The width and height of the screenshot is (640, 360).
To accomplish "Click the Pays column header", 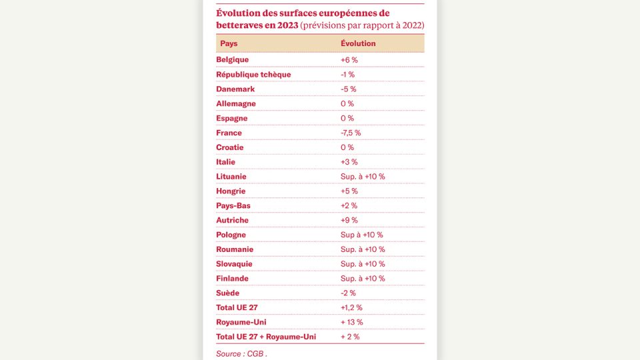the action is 229,43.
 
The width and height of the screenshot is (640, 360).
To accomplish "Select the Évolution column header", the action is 358,43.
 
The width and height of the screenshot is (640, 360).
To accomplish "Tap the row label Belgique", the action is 232,59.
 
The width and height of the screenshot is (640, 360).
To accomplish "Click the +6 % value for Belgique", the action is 349,60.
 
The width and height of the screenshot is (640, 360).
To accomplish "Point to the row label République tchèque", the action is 253,74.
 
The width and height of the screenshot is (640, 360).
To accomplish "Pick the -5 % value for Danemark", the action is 348,89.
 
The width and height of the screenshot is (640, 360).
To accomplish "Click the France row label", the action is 229,133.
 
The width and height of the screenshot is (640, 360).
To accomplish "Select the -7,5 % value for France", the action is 351,133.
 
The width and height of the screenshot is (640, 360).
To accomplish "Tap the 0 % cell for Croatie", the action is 347,147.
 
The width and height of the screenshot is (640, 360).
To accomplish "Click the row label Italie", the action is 225,162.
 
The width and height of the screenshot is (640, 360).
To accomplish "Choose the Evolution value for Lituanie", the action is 363,177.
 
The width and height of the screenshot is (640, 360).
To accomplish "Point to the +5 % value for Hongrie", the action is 349,191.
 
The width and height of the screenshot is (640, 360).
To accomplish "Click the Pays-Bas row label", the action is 233,206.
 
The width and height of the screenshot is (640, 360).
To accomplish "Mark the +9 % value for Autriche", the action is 349,221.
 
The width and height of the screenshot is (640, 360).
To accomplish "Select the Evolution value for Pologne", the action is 361,235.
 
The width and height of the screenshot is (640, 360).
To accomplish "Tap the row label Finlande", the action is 232,279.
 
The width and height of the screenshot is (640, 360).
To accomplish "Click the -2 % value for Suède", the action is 348,293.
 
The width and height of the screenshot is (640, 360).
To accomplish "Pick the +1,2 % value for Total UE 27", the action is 351,308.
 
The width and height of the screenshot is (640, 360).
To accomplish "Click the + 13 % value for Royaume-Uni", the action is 352,322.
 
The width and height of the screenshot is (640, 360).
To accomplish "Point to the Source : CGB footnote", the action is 241,354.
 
